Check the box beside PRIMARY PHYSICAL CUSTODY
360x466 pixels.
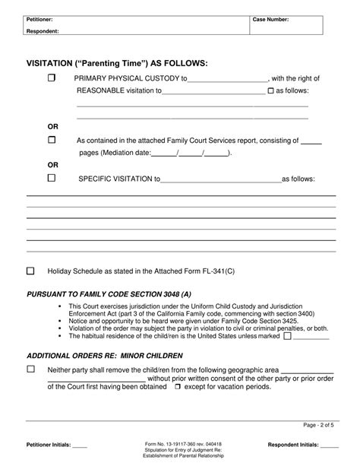[x=52, y=78]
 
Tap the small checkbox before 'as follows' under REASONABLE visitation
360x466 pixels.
[x=270, y=91]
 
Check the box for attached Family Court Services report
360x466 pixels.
[x=52, y=140]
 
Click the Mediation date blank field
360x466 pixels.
[x=190, y=153]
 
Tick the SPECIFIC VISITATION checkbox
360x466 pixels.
[x=52, y=179]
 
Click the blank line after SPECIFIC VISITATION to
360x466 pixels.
[x=220, y=181]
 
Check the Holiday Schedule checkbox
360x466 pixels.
[x=31, y=271]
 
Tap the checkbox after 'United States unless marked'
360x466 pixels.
[x=287, y=336]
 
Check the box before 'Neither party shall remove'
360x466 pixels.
[x=31, y=369]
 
